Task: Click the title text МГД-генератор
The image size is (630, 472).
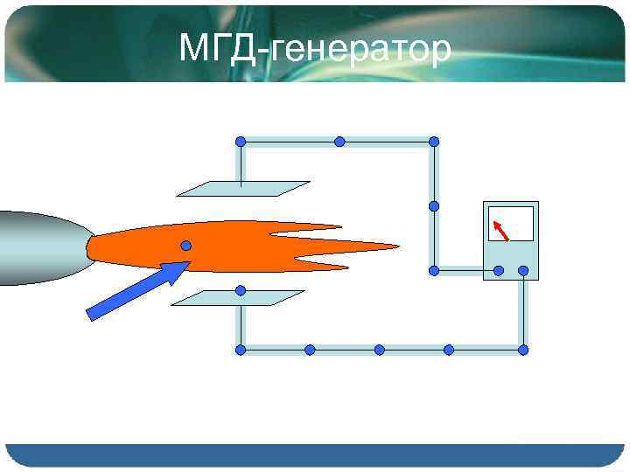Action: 315,49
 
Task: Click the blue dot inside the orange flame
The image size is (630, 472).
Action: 186,246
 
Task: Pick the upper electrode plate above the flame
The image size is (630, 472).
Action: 243,189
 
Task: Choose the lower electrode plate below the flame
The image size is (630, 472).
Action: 237,298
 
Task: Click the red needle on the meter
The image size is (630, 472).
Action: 502,230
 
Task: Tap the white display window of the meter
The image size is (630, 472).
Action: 512,224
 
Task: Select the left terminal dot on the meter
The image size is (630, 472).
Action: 498,271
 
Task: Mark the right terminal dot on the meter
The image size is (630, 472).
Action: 523,271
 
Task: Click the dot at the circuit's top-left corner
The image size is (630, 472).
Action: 241,142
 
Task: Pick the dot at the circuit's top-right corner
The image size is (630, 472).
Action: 434,142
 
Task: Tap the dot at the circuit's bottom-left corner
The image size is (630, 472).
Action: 241,350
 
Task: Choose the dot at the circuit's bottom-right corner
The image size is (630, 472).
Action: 523,350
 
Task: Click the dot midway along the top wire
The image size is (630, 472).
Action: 339,142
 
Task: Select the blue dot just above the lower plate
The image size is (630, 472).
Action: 241,290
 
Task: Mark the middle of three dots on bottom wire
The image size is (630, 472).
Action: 380,350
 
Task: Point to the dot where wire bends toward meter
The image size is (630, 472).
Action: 434,271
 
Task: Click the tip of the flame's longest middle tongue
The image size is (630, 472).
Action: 398,246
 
